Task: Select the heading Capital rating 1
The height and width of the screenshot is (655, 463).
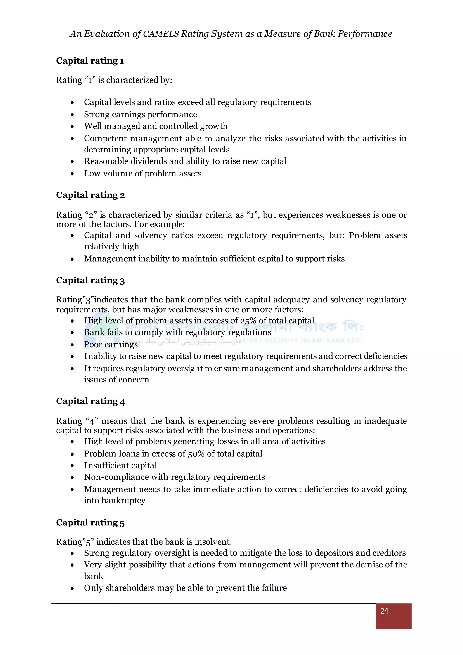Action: tap(90, 61)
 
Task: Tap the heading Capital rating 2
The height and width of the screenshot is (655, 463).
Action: tap(90, 195)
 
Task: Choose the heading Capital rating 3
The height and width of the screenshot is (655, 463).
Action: tap(90, 280)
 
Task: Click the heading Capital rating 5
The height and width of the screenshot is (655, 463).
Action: tap(90, 522)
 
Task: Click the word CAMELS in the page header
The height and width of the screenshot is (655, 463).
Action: tap(161, 34)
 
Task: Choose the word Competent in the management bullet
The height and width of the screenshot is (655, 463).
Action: tap(104, 138)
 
